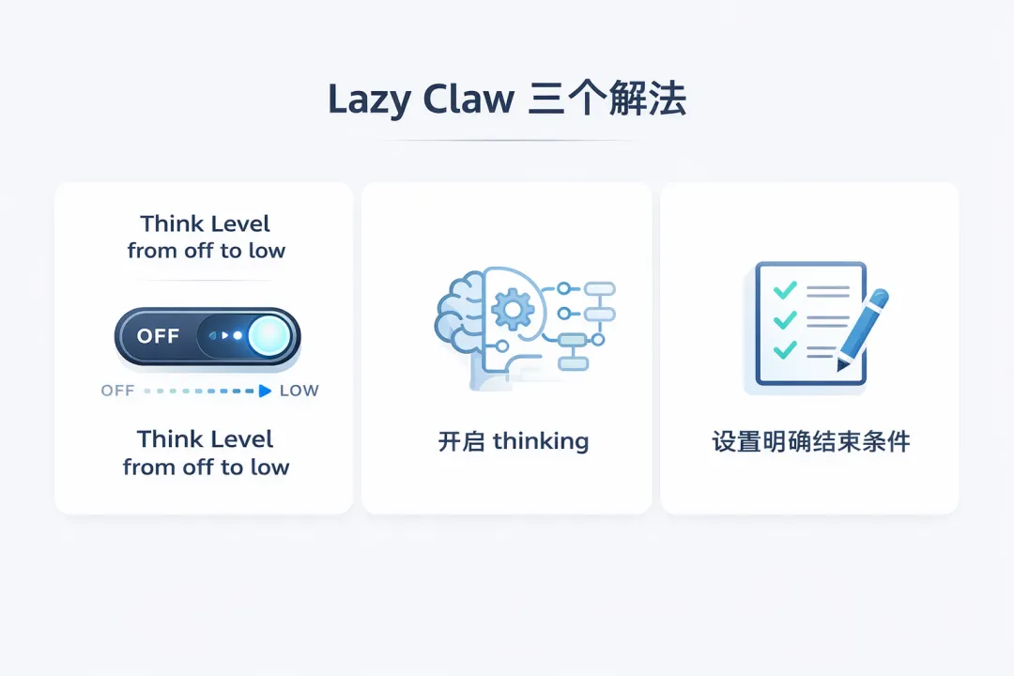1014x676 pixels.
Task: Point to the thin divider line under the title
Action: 507,141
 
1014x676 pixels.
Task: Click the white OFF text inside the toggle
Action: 158,336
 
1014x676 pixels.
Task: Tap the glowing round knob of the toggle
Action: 269,336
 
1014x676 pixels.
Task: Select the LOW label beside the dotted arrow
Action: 300,391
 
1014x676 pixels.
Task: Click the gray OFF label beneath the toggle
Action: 117,391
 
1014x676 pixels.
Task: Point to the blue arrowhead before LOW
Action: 266,391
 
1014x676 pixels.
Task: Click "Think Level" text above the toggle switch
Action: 205,224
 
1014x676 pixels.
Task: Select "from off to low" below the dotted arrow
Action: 206,468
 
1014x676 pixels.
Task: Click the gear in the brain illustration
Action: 513,307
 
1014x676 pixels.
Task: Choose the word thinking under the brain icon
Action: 540,441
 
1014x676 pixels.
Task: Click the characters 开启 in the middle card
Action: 461,441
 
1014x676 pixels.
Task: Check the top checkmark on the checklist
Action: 784,290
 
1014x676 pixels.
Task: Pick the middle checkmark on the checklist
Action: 784,320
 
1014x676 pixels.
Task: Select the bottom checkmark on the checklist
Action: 784,351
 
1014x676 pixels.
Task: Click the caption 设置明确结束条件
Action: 810,441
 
